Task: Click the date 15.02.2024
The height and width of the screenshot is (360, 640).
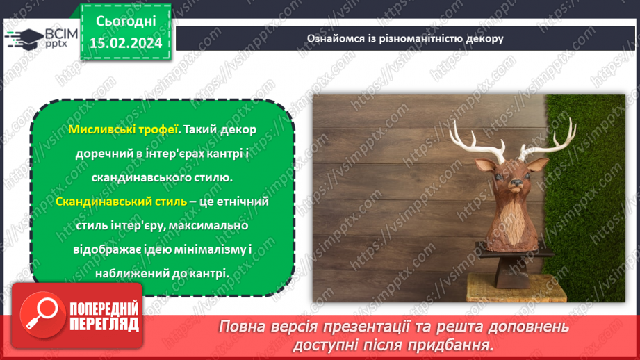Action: [x=125, y=42]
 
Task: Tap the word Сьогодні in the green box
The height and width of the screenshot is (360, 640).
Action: [x=125, y=20]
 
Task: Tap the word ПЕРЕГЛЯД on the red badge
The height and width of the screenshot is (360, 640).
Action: [x=105, y=324]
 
